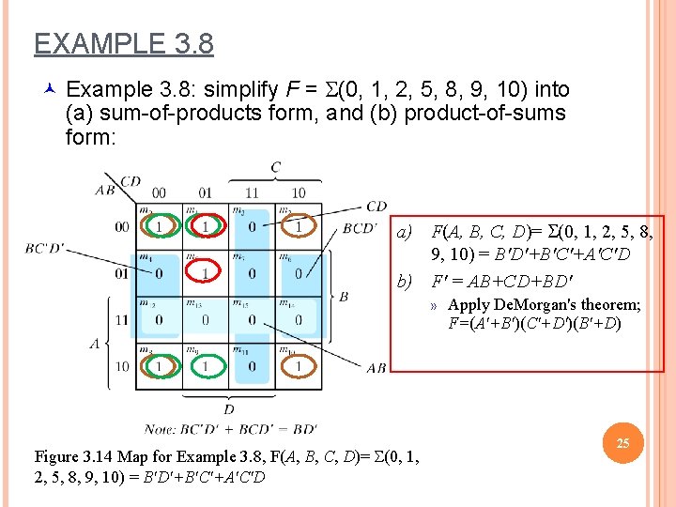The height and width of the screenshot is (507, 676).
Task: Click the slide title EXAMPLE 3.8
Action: (124, 44)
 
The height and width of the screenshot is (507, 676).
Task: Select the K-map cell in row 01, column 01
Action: (206, 273)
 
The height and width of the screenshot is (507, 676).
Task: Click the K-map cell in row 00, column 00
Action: (159, 227)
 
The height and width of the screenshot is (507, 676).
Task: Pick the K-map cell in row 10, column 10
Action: (299, 364)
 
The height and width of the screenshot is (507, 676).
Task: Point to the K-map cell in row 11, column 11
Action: (252, 319)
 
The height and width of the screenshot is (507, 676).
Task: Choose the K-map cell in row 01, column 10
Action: (299, 273)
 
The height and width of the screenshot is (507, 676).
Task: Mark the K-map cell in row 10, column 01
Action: (206, 364)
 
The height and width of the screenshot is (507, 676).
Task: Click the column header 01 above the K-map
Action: (206, 193)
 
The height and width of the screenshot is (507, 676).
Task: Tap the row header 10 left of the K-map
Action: (122, 365)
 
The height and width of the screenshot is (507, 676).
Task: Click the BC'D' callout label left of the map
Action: (46, 248)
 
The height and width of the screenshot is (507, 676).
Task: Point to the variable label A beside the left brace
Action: (95, 344)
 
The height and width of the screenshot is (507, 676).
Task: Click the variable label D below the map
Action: (229, 409)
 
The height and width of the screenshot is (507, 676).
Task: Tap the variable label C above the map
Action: (275, 168)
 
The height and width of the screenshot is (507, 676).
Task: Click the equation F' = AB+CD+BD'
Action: (501, 281)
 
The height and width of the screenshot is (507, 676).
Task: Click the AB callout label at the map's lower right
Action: (375, 368)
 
